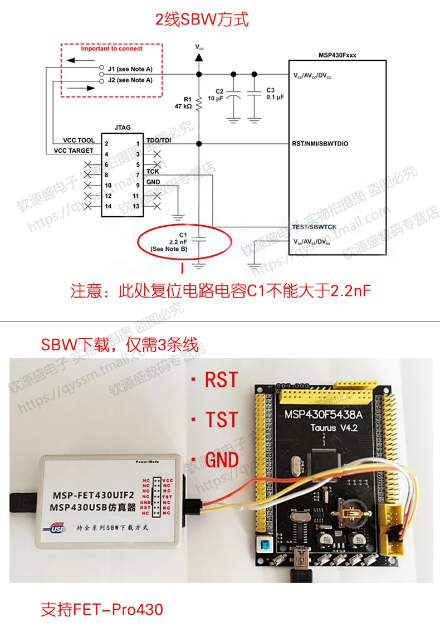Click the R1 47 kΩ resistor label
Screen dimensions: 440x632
[183, 102]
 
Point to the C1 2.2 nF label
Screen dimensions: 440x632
[169, 242]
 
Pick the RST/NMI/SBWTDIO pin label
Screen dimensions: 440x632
[320, 143]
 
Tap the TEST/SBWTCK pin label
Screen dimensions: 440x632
[315, 227]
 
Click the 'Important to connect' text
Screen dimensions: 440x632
[111, 49]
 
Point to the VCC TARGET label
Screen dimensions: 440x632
[74, 150]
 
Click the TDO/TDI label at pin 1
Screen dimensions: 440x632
[159, 140]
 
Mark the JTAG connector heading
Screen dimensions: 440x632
[122, 128]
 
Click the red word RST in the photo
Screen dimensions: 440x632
[221, 380]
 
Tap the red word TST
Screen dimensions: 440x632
[222, 420]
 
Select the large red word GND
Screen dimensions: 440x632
[222, 460]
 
